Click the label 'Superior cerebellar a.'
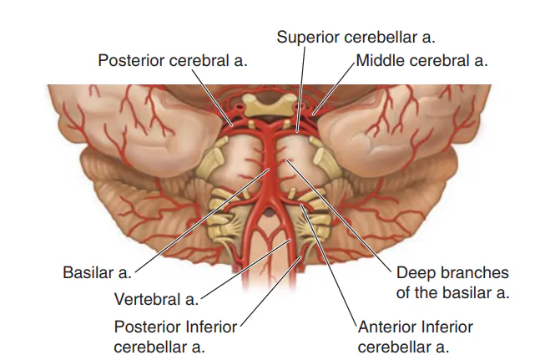pyautogui.click(x=356, y=37)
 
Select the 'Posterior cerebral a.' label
pyautogui.click(x=173, y=60)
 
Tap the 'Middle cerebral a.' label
pyautogui.click(x=421, y=60)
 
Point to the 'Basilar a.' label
pyautogui.click(x=98, y=272)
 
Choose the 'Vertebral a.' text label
pyautogui.click(x=157, y=299)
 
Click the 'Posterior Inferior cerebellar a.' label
pyautogui.click(x=175, y=337)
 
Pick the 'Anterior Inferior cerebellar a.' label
pyautogui.click(x=416, y=337)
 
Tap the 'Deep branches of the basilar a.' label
pyautogui.click(x=452, y=282)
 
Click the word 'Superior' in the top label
pyautogui.click(x=309, y=38)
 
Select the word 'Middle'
pyautogui.click(x=380, y=60)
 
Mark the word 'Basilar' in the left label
pyautogui.click(x=88, y=272)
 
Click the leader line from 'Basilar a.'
pyautogui.click(x=202, y=221)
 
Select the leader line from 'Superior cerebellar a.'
pyautogui.click(x=301, y=89)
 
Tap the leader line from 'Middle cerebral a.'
pyautogui.click(x=334, y=88)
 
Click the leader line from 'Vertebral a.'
pyautogui.click(x=246, y=270)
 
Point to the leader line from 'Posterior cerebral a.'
pyautogui.click(x=213, y=97)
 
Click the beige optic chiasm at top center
pyautogui.click(x=270, y=104)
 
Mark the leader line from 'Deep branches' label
pyautogui.click(x=339, y=216)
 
